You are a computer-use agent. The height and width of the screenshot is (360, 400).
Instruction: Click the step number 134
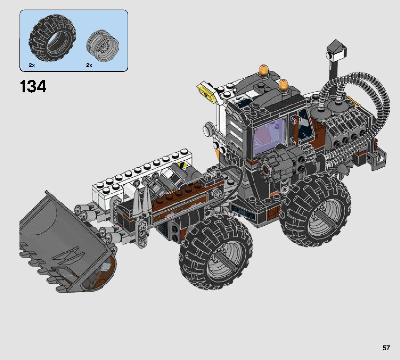(x=33, y=86)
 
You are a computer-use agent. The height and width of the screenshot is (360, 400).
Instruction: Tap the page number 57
(x=386, y=348)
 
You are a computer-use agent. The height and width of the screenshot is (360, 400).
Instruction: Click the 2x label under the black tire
(x=32, y=65)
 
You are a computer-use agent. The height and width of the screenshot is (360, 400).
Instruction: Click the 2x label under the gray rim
(x=89, y=65)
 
